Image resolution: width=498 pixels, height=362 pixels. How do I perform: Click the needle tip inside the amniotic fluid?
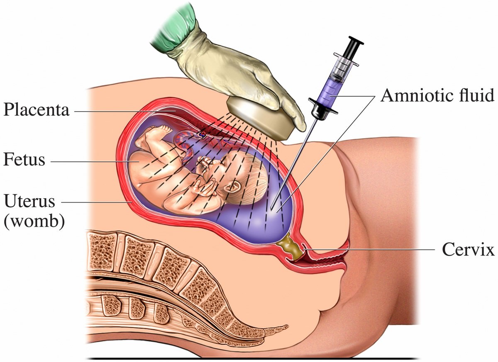(271, 209)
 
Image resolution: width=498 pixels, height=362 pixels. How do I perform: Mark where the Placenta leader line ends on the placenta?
(176, 111)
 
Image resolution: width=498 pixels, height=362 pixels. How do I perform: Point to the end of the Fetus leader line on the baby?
(139, 161)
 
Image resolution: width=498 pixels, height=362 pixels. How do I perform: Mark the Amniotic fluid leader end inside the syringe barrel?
(330, 96)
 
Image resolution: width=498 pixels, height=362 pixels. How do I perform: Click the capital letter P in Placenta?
(10, 109)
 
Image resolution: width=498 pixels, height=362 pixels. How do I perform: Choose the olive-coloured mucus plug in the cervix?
(289, 247)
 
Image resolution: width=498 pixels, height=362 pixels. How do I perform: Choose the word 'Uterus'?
(29, 201)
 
